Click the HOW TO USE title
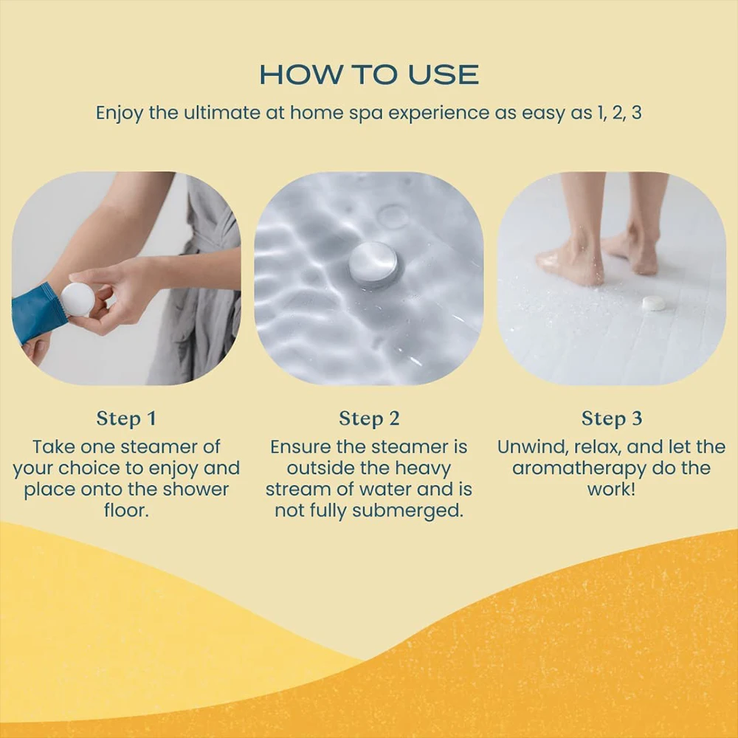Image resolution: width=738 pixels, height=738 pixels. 369,75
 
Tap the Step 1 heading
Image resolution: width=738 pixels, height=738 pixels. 126,419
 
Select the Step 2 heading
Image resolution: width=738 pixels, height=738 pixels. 369,419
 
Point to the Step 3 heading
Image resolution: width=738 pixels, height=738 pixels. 612,419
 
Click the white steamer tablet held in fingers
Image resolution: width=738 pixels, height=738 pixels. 77,299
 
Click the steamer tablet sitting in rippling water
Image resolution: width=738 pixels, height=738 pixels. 373,263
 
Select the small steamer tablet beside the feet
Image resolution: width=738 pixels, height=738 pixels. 653,303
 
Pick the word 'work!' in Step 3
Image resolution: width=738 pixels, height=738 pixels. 611,490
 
